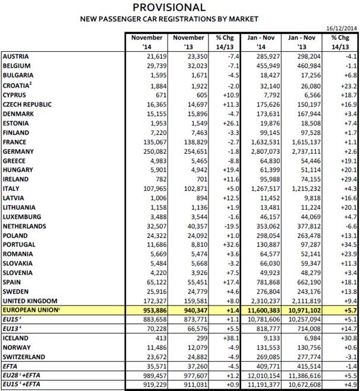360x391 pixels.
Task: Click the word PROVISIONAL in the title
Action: (169, 7)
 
